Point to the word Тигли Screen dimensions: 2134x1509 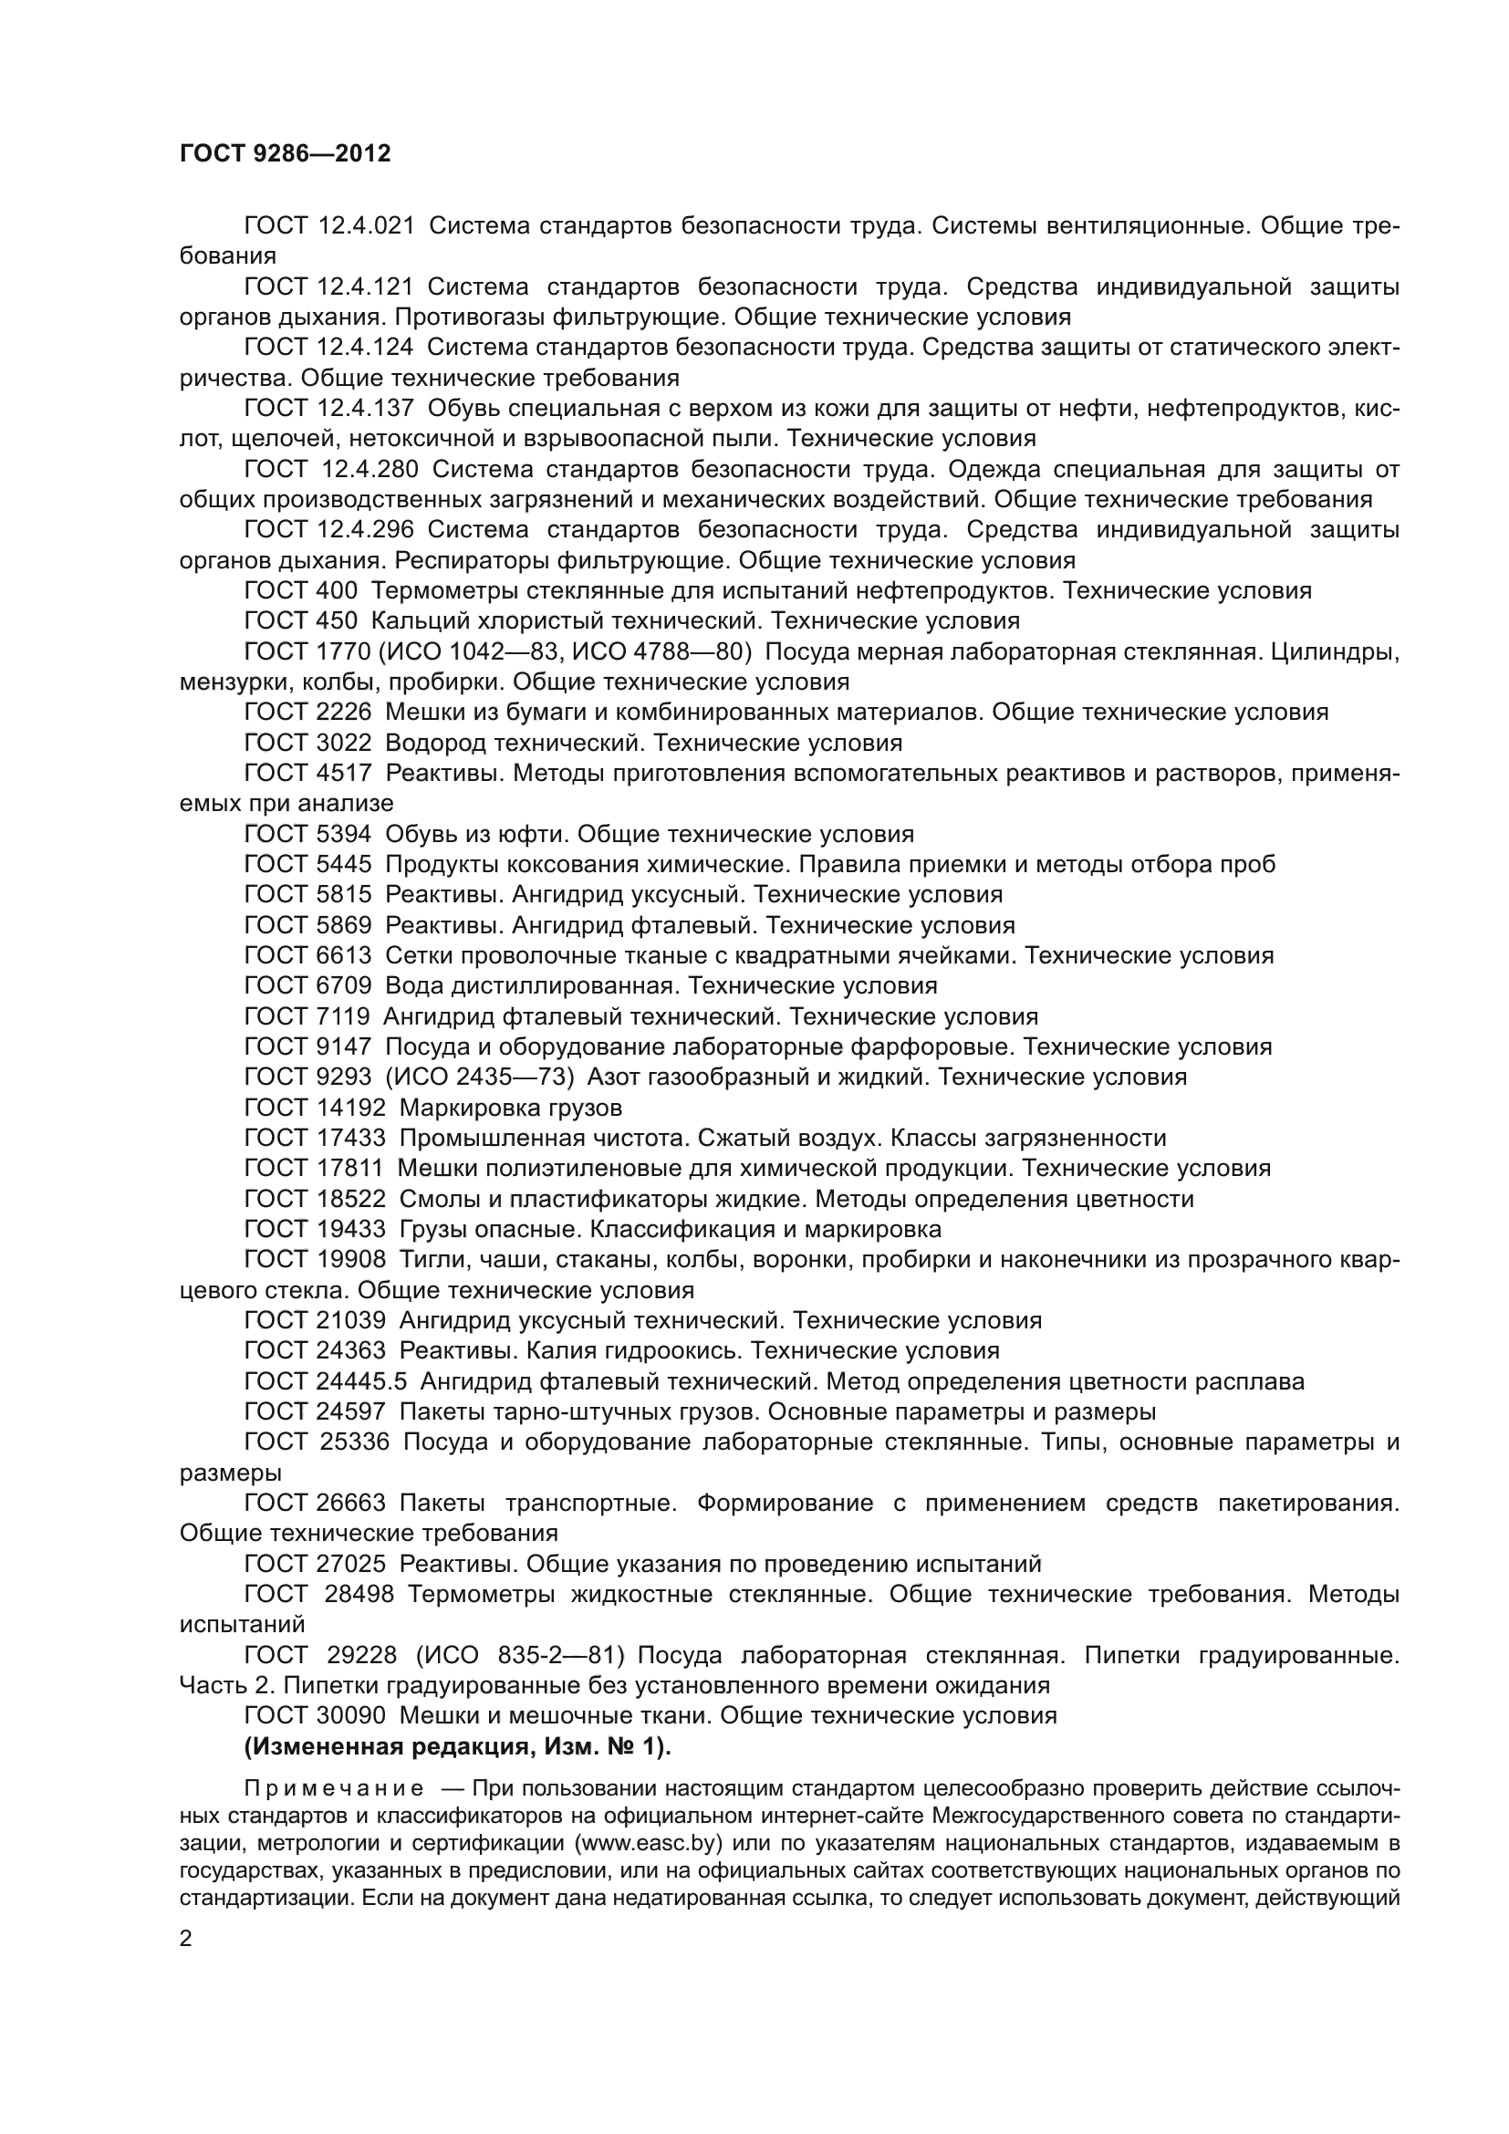point(427,1258)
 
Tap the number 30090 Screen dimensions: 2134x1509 point(351,1715)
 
